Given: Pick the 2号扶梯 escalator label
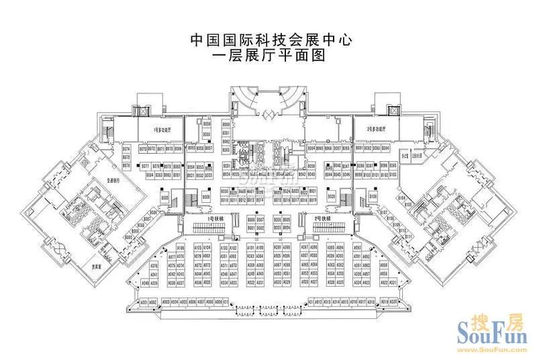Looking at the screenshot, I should [x=323, y=219].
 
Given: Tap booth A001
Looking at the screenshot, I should [x=143, y=302].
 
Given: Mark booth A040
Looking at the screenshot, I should [x=145, y=283].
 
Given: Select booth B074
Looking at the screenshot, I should [x=126, y=148].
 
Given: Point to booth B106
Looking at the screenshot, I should [x=373, y=196].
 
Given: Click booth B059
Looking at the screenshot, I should [x=207, y=125].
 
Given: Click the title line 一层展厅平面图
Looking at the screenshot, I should [x=268, y=56].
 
